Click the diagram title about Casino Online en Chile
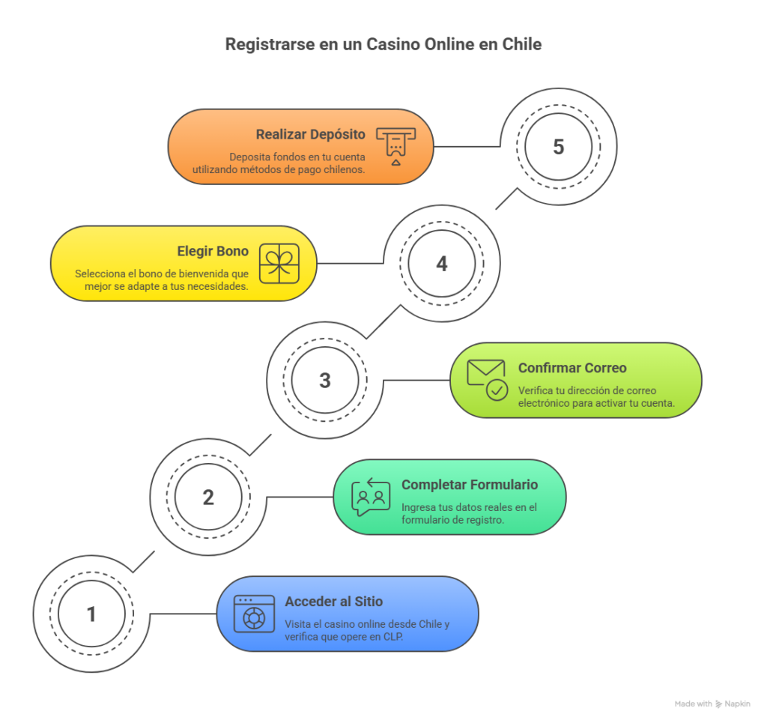tap(383, 44)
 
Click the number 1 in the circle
tap(91, 614)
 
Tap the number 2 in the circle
tap(208, 497)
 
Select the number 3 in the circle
tap(325, 380)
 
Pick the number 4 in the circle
tap(442, 264)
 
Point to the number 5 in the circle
tap(559, 147)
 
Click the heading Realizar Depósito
tap(310, 135)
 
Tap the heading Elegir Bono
tap(213, 252)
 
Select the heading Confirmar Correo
tap(572, 368)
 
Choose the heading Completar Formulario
tap(470, 485)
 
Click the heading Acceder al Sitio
tap(333, 602)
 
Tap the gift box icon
tap(279, 264)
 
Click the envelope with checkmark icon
tap(488, 380)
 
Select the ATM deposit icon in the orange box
tap(395, 146)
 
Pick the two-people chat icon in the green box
tap(372, 497)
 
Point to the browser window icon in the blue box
tap(255, 614)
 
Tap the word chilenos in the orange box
tap(343, 170)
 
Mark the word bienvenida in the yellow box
tap(195, 274)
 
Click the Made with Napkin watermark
tap(712, 704)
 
